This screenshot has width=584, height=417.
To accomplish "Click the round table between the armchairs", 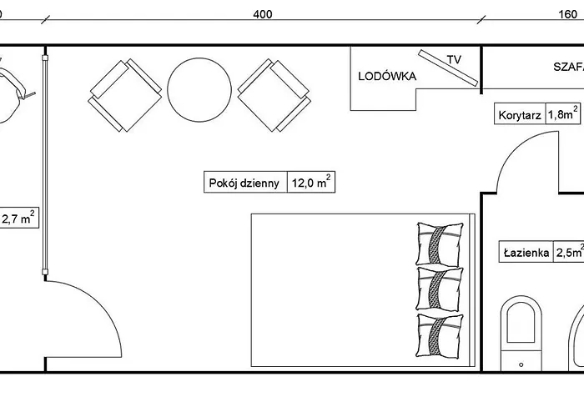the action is [x=199, y=90].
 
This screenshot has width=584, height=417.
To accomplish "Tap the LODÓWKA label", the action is [x=387, y=77].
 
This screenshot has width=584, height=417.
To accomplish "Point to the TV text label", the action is [x=454, y=59].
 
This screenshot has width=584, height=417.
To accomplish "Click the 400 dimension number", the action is [x=263, y=14].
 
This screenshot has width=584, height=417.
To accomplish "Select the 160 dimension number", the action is [x=568, y=14].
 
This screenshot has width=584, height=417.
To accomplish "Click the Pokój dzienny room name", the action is [x=244, y=183].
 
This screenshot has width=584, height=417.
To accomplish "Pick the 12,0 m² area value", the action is [x=311, y=182].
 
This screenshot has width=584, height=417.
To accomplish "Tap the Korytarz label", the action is [x=520, y=115].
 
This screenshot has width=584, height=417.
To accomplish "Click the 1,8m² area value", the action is [x=563, y=113].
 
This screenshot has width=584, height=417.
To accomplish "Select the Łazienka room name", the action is [x=526, y=253].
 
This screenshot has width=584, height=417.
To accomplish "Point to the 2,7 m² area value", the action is [x=18, y=218].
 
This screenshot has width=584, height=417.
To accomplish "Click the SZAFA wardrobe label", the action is [x=568, y=67].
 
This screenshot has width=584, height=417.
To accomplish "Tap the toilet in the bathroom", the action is [x=521, y=334].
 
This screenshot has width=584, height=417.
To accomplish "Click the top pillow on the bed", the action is [x=440, y=244].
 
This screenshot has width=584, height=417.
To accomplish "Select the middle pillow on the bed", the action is [x=440, y=289].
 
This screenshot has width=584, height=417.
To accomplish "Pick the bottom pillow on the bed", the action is [x=440, y=336].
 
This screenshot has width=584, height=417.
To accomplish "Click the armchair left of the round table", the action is [x=125, y=95].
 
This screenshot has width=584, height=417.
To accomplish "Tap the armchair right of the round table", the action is [x=274, y=95].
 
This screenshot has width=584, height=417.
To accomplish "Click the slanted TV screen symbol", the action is [x=448, y=68].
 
